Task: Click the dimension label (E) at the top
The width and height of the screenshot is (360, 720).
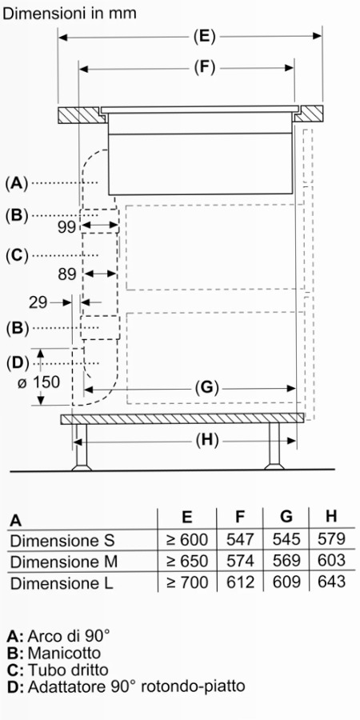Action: pyautogui.click(x=204, y=37)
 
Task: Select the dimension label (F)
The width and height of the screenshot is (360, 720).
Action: pyautogui.click(x=204, y=68)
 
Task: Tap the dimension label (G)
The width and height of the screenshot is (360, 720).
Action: pyautogui.click(x=205, y=388)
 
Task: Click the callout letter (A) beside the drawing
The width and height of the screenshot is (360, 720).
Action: pyautogui.click(x=17, y=183)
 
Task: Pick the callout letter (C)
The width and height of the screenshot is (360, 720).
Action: pyautogui.click(x=17, y=255)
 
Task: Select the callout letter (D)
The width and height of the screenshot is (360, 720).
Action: pyautogui.click(x=17, y=363)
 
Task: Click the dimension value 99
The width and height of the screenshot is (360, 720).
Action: pyautogui.click(x=66, y=227)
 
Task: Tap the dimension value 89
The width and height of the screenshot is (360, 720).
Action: pyautogui.click(x=67, y=274)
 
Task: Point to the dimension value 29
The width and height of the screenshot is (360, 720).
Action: pyautogui.click(x=38, y=302)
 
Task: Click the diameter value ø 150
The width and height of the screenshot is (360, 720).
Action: pyautogui.click(x=39, y=382)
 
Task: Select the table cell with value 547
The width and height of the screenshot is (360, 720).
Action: pyautogui.click(x=240, y=539)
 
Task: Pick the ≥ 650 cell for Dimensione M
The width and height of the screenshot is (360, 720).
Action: pyautogui.click(x=187, y=561)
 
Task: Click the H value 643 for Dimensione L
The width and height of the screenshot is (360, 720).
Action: pyautogui.click(x=331, y=582)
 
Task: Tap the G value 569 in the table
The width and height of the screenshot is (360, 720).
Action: pyautogui.click(x=286, y=561)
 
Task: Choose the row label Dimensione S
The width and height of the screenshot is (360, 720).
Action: pyautogui.click(x=62, y=540)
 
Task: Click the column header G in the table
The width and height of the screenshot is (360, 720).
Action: pyautogui.click(x=286, y=517)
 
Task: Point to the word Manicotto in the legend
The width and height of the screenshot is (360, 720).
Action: pyautogui.click(x=64, y=653)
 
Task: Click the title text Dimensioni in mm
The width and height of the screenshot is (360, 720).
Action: pyautogui.click(x=70, y=14)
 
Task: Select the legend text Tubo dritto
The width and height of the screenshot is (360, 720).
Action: pyautogui.click(x=69, y=670)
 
